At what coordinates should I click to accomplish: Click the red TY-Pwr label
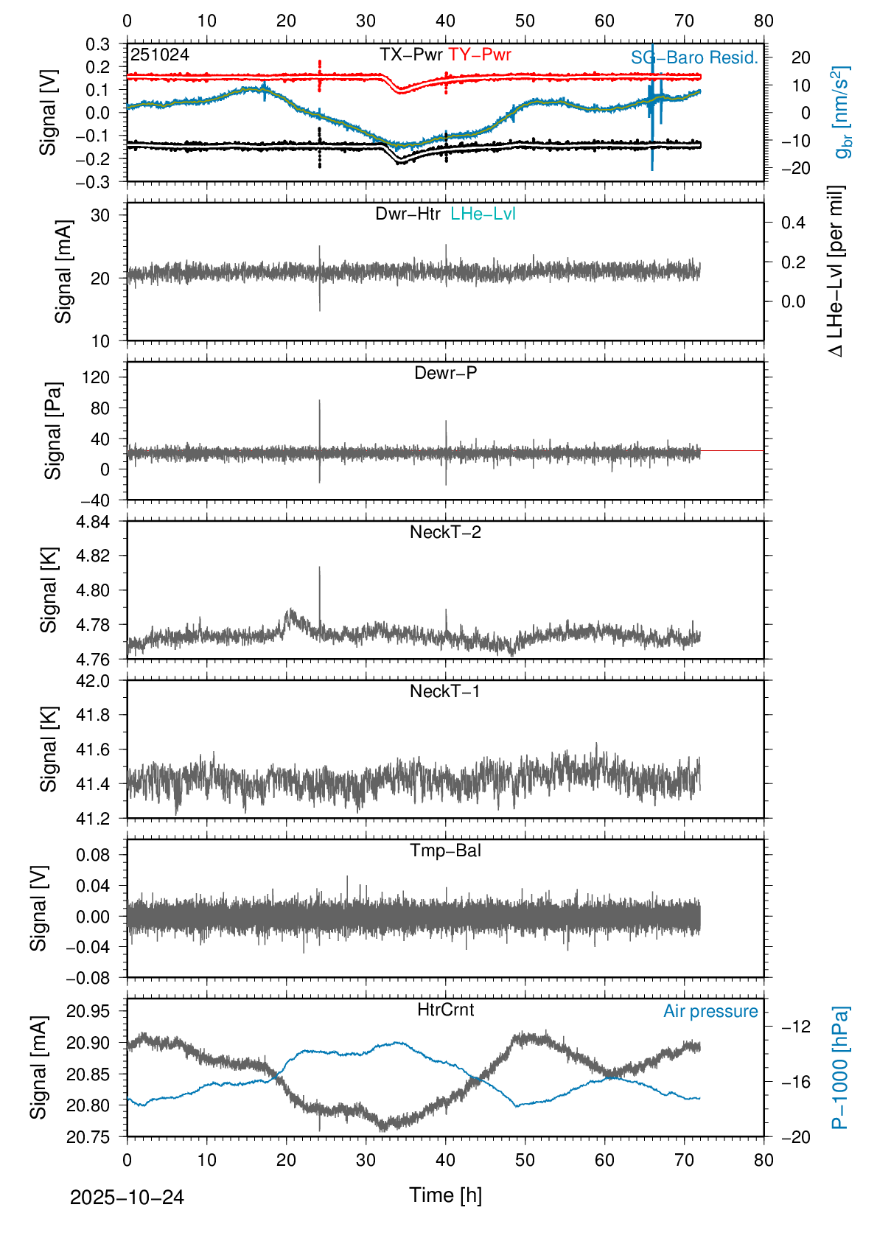479,55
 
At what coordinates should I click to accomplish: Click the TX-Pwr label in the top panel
410,55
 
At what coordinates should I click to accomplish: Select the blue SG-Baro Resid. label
694,58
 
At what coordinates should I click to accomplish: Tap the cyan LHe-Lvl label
483,214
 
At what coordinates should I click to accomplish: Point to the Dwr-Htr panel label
408,214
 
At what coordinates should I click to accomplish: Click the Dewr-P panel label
445,373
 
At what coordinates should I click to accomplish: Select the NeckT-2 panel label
445,532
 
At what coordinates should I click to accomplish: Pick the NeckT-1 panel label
444,691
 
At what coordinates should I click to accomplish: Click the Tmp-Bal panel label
445,850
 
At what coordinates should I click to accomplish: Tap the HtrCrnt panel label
445,1010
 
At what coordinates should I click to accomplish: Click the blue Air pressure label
710,1011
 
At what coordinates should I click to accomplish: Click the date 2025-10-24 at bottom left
127,1198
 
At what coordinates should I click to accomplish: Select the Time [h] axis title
445,1195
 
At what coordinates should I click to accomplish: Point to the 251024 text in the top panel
159,55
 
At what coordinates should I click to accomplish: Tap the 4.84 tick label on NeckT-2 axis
94,522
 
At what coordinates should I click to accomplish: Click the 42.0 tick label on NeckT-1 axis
94,681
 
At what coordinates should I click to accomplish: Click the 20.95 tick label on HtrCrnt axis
88,1011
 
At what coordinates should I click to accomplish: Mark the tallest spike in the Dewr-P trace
319,402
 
